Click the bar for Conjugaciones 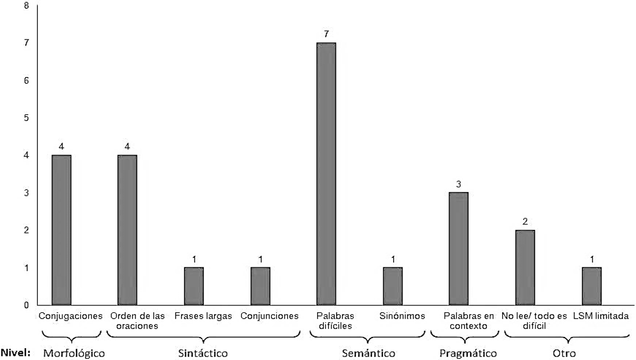click(x=61, y=230)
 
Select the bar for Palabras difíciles click(x=326, y=173)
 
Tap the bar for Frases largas click(x=194, y=286)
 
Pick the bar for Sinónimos click(x=393, y=286)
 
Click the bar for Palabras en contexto click(x=459, y=249)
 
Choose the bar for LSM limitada click(x=592, y=286)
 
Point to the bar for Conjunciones click(x=261, y=286)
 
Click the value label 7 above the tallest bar click(x=326, y=34)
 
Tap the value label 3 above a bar click(x=459, y=184)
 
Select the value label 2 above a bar click(x=525, y=222)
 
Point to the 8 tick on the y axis click(x=27, y=6)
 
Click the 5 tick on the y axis click(x=27, y=118)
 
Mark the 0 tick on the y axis click(x=27, y=305)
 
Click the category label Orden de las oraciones click(x=137, y=321)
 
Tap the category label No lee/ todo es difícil click(x=534, y=321)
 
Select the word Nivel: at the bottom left click(x=16, y=352)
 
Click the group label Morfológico click(x=74, y=353)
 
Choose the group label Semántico click(x=368, y=353)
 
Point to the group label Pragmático click(x=468, y=354)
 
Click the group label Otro click(x=564, y=353)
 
